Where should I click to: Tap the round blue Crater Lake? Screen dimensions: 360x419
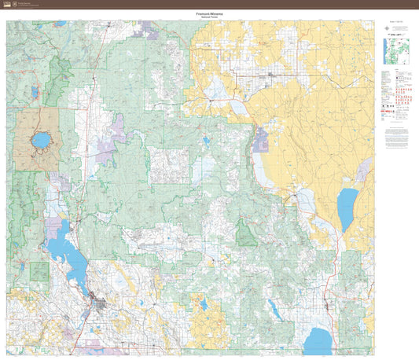click(40, 141)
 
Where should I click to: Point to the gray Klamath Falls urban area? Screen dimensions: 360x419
click(101, 301)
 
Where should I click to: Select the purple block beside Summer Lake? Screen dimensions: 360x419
click(261, 139)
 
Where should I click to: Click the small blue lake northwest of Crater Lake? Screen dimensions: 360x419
click(34, 93)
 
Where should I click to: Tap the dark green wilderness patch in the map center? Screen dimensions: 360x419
click(247, 233)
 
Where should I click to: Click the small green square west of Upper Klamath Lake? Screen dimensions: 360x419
click(39, 272)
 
